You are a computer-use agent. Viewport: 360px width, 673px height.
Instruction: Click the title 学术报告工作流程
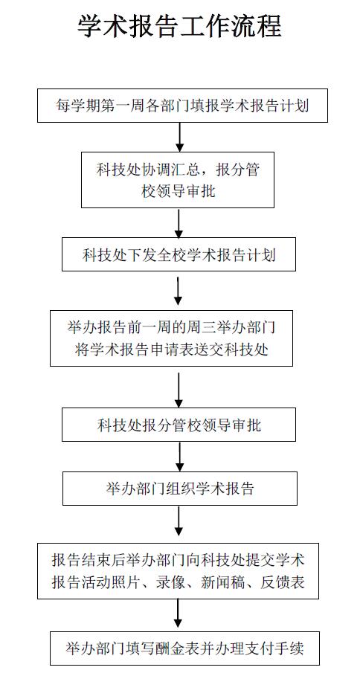coord(179,26)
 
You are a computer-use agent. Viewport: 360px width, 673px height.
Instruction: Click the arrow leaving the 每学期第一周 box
coord(180,138)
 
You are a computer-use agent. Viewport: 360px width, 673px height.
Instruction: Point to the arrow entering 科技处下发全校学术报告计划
coord(179,223)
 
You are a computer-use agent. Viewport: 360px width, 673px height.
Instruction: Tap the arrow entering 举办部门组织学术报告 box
coord(180,457)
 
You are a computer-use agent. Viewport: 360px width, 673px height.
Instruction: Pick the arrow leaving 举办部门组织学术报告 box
coord(179,521)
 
